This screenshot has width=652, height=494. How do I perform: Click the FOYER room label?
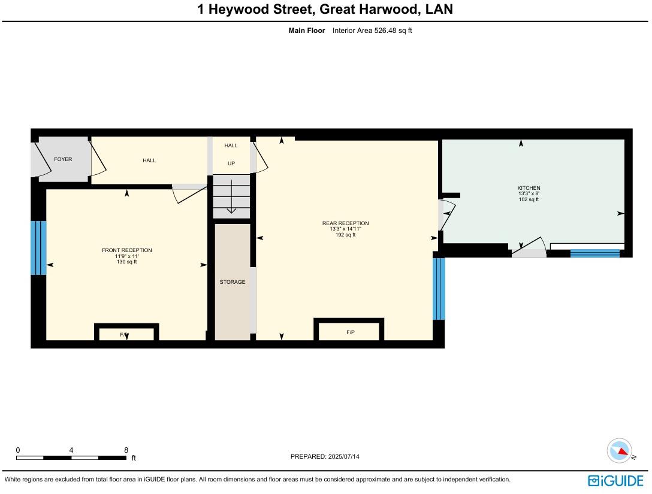(63, 159)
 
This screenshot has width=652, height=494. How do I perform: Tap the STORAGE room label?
(232, 282)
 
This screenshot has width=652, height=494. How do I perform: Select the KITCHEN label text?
(529, 188)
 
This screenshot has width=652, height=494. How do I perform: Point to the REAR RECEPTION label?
(345, 223)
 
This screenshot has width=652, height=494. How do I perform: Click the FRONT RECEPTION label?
(126, 250)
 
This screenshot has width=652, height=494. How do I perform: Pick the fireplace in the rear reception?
(350, 332)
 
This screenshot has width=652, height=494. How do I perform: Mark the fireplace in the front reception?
(126, 334)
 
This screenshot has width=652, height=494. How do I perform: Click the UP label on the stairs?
(231, 163)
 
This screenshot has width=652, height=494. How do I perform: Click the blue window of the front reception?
(38, 248)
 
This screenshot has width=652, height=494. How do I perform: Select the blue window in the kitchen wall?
(594, 253)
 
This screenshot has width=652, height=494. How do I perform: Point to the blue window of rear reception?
(439, 289)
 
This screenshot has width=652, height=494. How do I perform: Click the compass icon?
(619, 450)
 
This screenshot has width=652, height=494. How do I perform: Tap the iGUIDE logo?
(615, 480)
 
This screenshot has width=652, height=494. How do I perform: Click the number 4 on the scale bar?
(71, 450)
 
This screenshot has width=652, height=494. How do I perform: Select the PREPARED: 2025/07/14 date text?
(325, 456)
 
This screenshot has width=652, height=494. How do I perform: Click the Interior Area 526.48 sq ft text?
(372, 31)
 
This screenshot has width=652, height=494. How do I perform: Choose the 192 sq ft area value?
(345, 235)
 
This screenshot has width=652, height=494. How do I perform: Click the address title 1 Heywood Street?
(325, 10)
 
